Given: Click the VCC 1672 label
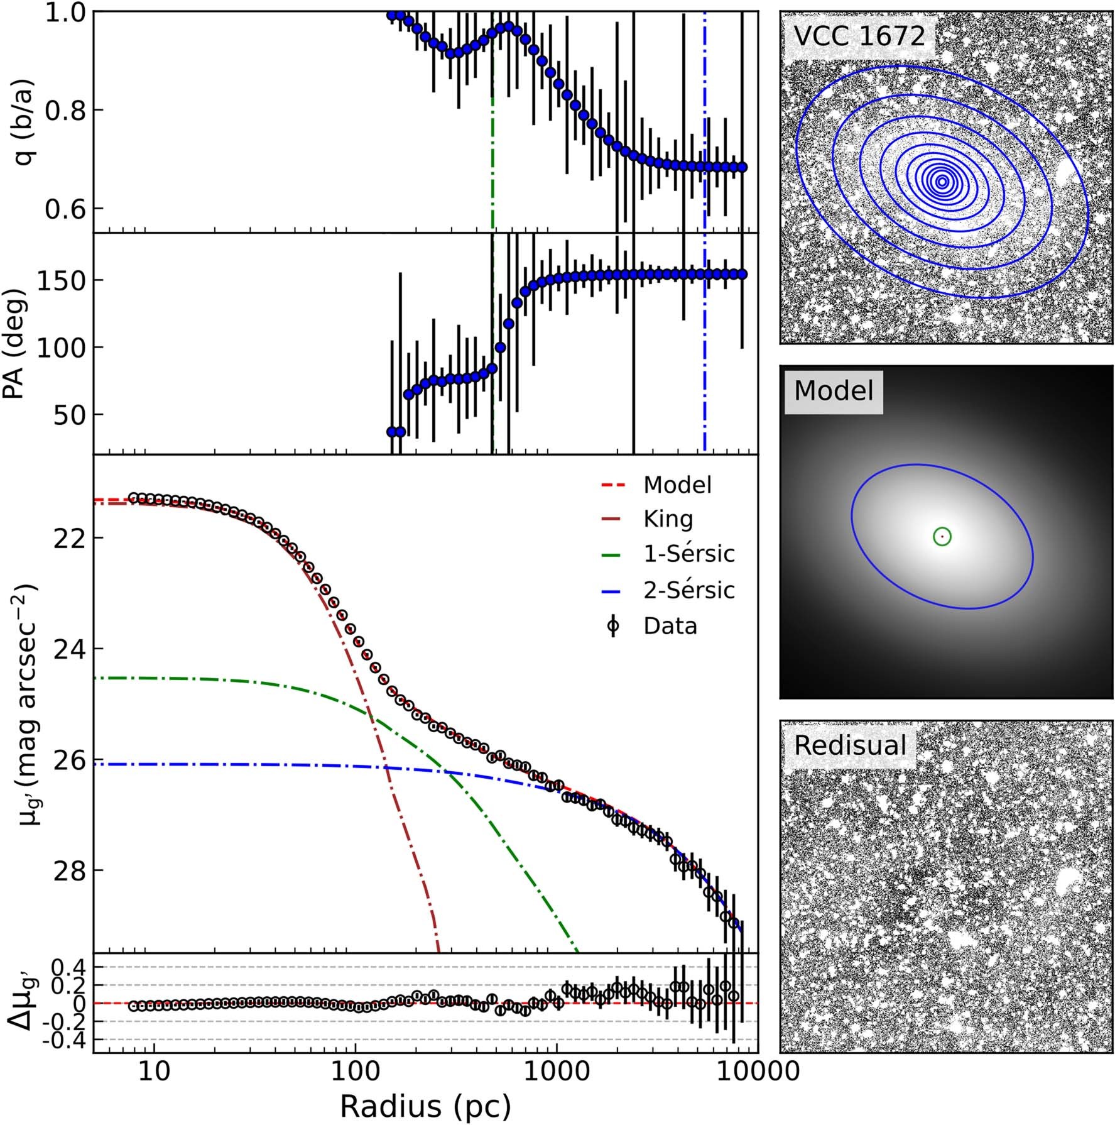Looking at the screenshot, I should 859,36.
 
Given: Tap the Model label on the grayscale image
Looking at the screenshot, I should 834,391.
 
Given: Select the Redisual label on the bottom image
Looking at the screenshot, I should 850,745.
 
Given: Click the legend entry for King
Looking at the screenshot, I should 668,519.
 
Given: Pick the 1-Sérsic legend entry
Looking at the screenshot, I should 688,554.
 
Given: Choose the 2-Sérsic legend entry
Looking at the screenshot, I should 688,590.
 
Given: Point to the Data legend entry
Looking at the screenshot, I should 670,626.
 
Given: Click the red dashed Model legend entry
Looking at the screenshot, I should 677,485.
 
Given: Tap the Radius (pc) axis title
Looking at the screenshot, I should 425,1107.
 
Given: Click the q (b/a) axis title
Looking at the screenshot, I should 25,121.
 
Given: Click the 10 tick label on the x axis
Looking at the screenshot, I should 153,1070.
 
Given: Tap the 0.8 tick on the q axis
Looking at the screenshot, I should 66,111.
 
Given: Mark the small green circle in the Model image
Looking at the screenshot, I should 942,536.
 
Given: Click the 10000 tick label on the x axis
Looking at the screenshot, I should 750,1070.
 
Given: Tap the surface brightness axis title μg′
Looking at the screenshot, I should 25,704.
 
